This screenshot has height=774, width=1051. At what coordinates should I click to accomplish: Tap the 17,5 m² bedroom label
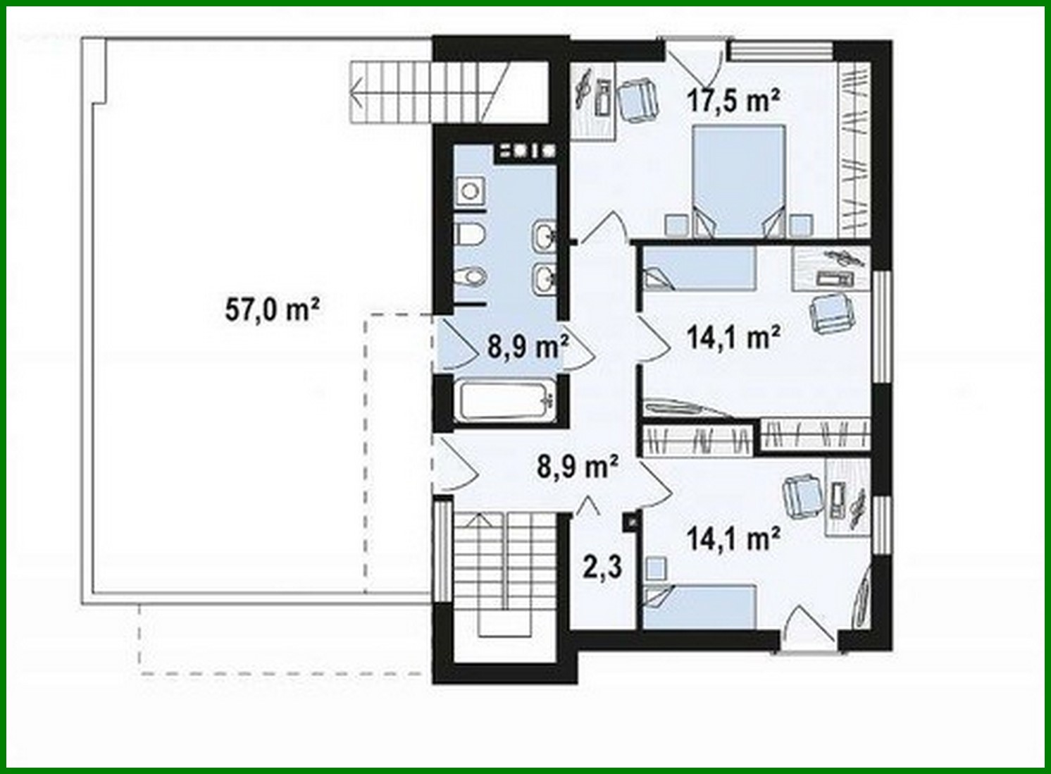733,101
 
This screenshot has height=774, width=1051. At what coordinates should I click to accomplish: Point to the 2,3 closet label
602,566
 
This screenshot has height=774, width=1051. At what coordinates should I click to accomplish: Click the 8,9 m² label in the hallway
578,466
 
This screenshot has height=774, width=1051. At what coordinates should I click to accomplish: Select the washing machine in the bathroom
468,190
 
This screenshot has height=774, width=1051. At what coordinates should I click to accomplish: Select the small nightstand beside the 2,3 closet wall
656,568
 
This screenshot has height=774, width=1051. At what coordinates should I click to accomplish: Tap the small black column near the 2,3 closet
631,522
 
